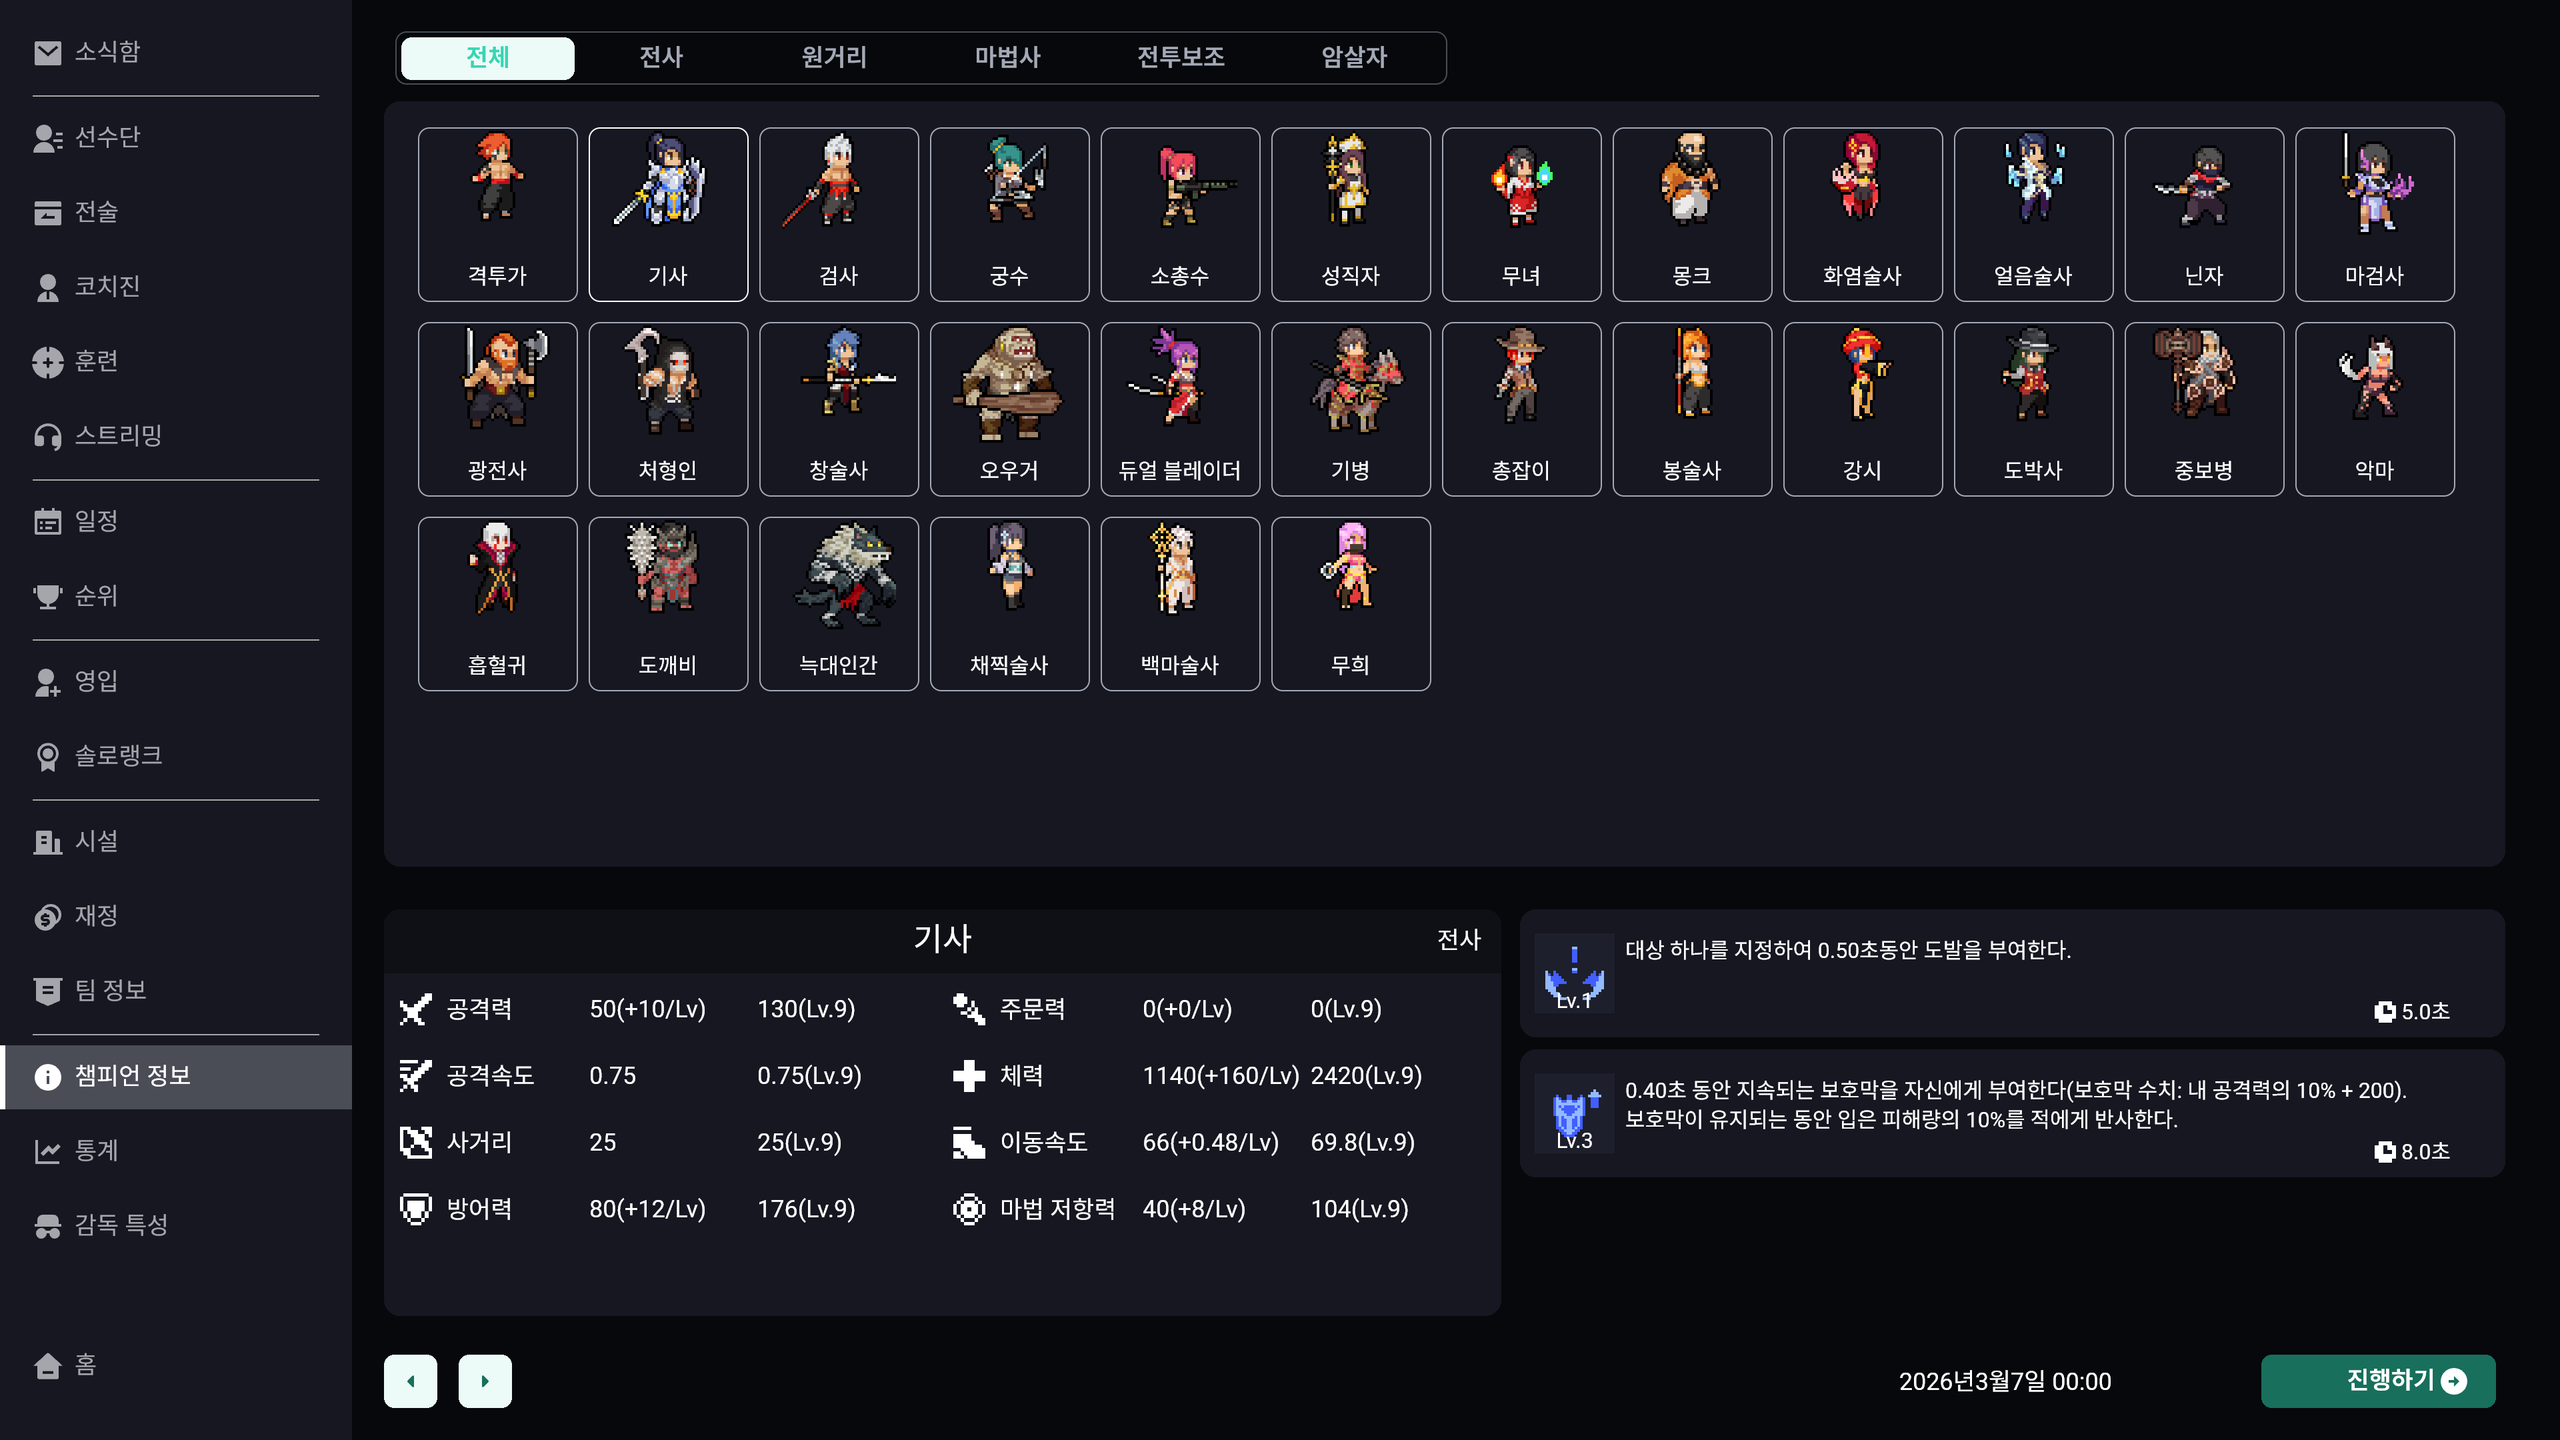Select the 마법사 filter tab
1007,57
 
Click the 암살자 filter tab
1353,57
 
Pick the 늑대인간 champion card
838,604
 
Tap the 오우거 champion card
1009,409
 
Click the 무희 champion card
1349,604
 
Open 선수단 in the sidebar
107,137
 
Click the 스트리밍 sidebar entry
117,435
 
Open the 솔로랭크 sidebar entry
117,755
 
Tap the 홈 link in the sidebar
85,1365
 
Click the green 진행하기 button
2377,1381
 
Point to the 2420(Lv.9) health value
1365,1075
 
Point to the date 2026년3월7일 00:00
2005,1381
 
